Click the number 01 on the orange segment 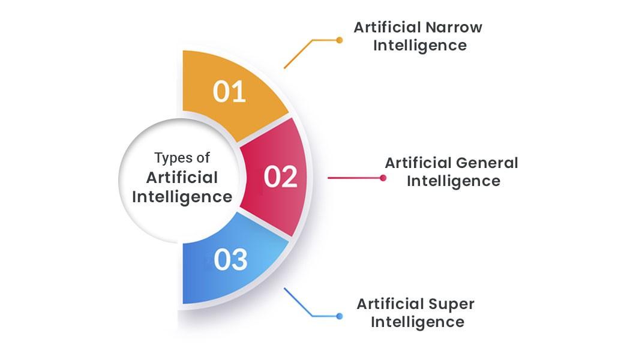pos(229,92)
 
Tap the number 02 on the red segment pos(281,177)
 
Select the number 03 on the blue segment pos(230,260)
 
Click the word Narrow pos(454,27)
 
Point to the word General pos(487,163)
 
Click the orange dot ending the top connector pos(340,40)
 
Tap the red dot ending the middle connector pos(383,178)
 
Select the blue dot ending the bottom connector pos(340,316)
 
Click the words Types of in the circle pos(182,158)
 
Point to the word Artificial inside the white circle pos(182,177)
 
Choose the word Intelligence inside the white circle pos(182,197)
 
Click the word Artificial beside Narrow pos(386,27)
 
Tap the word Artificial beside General pos(418,163)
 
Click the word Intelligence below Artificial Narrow pos(420,46)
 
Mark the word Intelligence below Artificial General pos(454,181)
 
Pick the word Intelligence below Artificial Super pos(418,322)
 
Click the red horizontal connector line pos(354,178)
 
